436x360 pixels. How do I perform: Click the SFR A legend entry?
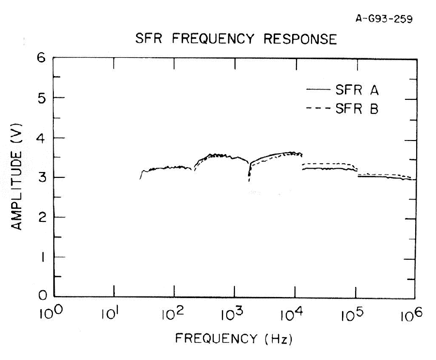coord(358,90)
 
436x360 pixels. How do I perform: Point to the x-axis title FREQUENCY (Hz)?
coord(234,338)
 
